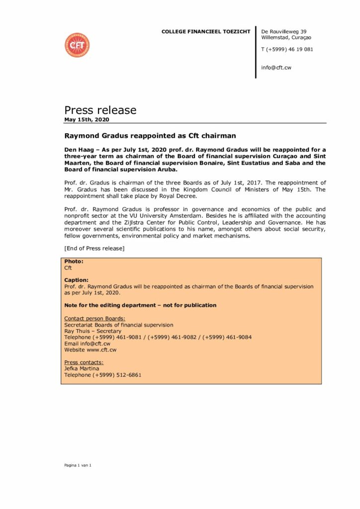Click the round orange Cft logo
click(x=77, y=45)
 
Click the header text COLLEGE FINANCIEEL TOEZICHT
click(x=206, y=32)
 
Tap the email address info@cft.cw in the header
click(x=276, y=68)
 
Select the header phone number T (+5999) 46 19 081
click(x=287, y=49)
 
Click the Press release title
click(x=100, y=110)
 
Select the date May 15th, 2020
click(x=87, y=120)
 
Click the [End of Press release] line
click(x=94, y=249)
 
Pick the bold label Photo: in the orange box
click(x=74, y=261)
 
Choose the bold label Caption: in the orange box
click(x=77, y=280)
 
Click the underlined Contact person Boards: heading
click(x=95, y=318)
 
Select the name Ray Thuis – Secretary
click(x=93, y=331)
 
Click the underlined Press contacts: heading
click(x=84, y=362)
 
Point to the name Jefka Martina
click(x=82, y=369)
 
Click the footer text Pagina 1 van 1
click(x=78, y=465)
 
